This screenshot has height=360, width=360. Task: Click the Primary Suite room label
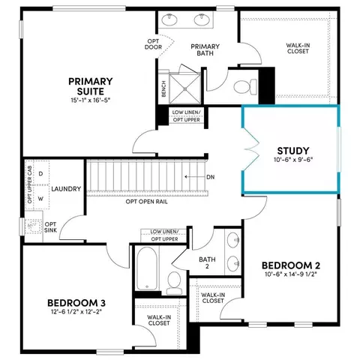[x=91, y=86]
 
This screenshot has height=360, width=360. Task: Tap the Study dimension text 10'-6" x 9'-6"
[x=293, y=160]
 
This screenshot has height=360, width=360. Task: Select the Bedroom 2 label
[x=291, y=265]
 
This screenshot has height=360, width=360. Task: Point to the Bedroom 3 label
[x=76, y=303]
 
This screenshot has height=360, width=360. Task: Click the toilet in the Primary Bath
[x=245, y=87]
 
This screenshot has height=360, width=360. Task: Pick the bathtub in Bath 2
[x=147, y=268]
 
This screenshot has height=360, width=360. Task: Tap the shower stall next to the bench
[x=185, y=88]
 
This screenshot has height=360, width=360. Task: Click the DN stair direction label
[x=211, y=177]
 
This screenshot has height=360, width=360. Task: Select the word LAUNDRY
[x=66, y=189]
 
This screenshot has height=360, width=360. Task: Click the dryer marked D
[x=40, y=173]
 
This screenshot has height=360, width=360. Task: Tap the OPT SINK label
[x=50, y=227]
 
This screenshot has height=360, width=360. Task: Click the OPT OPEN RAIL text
[x=146, y=202]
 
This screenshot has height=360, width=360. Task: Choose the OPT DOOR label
[x=153, y=44]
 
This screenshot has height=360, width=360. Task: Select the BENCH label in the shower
[x=163, y=88]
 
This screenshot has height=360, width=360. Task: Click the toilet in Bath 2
[x=174, y=283]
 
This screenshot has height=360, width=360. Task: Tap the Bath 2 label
[x=207, y=263]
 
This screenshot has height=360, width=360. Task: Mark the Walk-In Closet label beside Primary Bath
[x=298, y=48]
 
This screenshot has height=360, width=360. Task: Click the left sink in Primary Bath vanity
[x=169, y=19]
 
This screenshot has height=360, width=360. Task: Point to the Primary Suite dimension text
[x=91, y=100]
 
